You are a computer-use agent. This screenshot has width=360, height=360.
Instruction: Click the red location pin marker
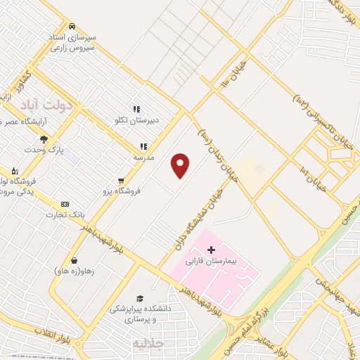(181, 165)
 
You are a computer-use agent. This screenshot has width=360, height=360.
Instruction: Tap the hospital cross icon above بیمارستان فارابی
(211, 250)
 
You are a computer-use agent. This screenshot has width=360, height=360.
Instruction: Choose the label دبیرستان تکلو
(137, 120)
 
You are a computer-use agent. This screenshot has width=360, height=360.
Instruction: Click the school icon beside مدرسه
(143, 146)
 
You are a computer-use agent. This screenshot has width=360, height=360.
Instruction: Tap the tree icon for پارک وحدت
(44, 139)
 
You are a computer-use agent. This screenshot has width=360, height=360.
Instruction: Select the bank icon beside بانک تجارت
(65, 204)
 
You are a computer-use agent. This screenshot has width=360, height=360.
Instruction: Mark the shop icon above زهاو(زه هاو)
(74, 260)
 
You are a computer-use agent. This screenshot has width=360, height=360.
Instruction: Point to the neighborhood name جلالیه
(147, 342)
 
